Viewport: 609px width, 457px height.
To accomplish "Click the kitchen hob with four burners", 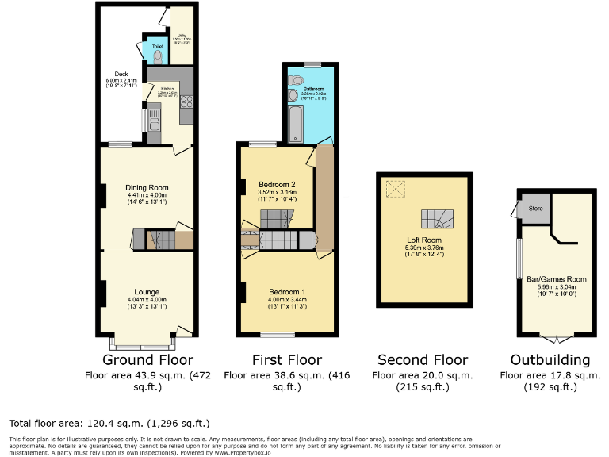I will click(x=187, y=101).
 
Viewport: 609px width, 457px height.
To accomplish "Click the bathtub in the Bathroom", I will click(x=296, y=123).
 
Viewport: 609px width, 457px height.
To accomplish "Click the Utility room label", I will click(x=182, y=35).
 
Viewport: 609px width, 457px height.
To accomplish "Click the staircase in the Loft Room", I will click(x=434, y=219).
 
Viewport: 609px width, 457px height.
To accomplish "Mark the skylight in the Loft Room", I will click(x=395, y=189).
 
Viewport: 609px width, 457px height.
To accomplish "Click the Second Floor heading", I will click(x=423, y=359).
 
